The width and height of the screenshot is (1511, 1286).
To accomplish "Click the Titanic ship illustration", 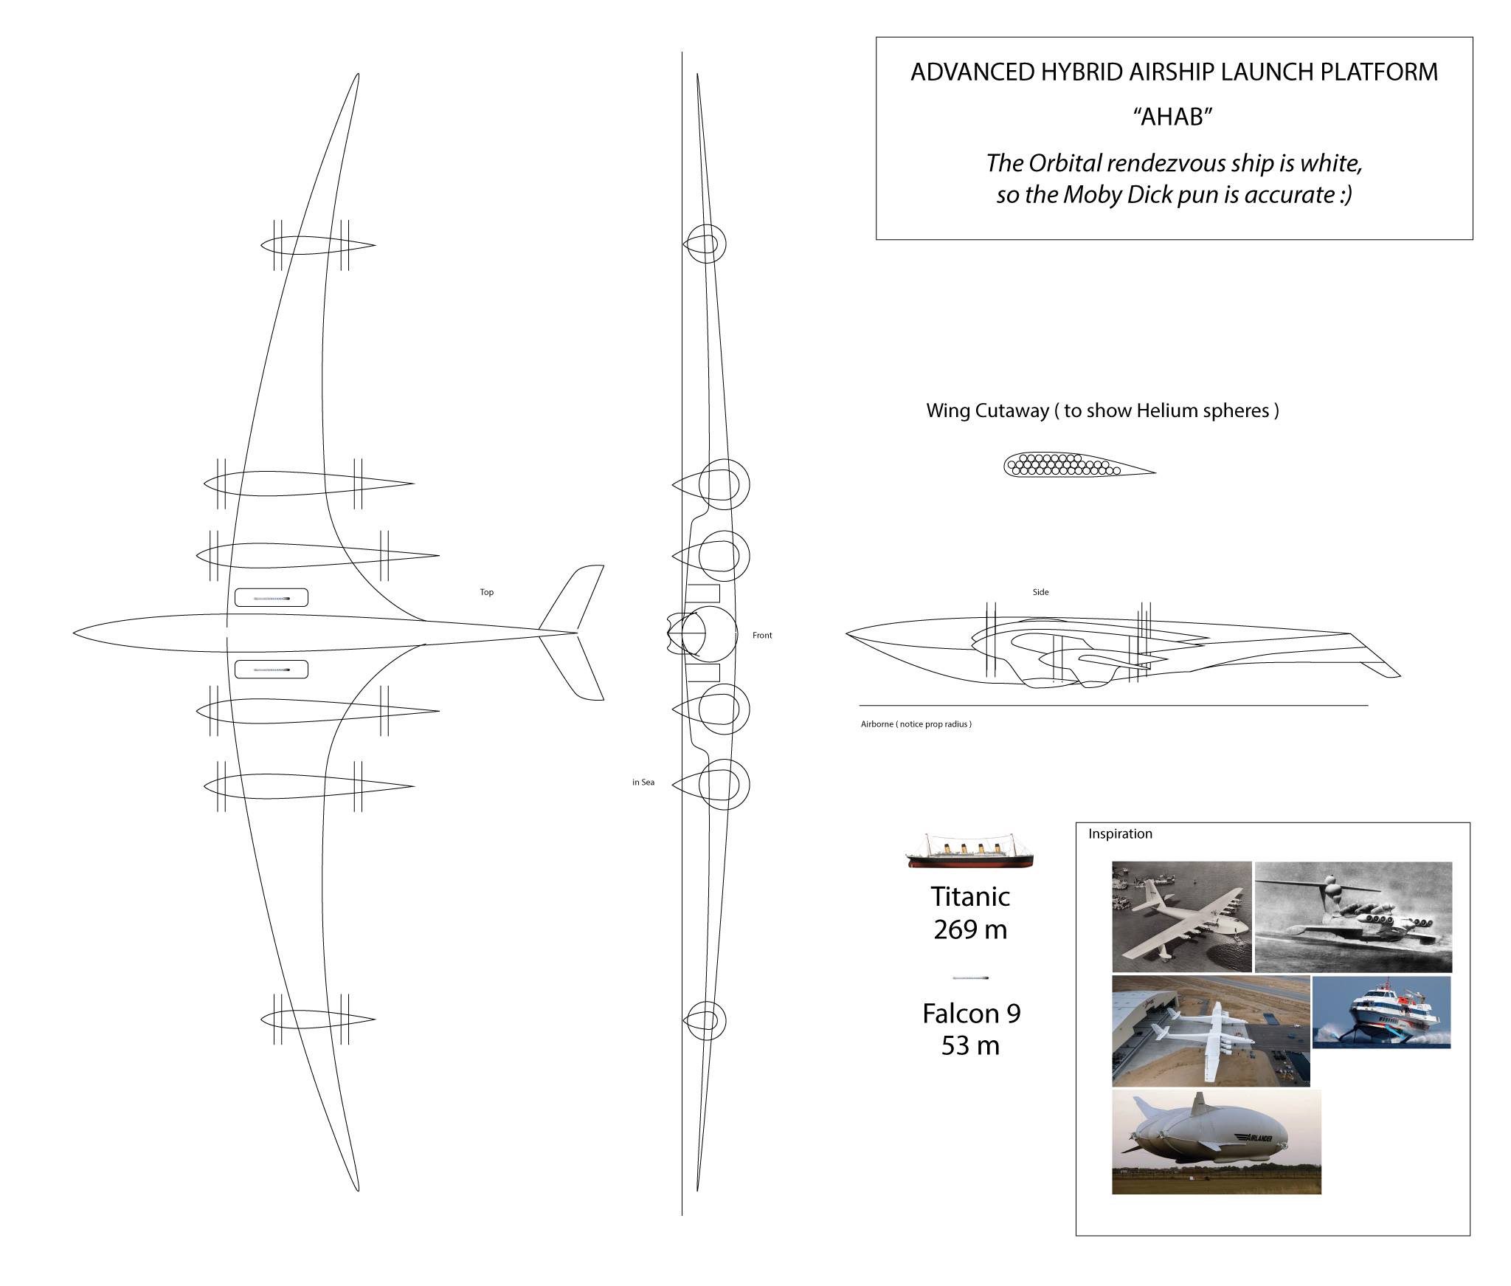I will point(969,851).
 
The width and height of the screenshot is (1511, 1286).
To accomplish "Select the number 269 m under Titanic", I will point(970,929).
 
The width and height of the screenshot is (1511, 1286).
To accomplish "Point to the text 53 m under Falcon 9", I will point(970,1046).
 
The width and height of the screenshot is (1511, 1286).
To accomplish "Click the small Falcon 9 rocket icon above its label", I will point(970,977).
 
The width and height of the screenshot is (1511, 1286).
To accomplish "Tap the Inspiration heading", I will point(1120,833).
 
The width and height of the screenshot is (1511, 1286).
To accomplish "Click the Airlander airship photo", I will point(1216,1142).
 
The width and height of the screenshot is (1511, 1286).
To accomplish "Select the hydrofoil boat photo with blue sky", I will point(1381,1012).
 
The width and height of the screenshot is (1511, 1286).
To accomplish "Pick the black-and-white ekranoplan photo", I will point(1353,916).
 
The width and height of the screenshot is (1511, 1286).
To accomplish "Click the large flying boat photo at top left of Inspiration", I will point(1181,916).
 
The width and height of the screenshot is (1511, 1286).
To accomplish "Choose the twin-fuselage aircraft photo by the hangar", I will point(1210,1031).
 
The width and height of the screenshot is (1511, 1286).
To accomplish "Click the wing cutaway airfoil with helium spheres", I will point(1079,466).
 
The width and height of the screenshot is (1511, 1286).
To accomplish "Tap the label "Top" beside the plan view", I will point(486,592).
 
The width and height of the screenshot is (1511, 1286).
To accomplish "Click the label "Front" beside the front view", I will point(762,635).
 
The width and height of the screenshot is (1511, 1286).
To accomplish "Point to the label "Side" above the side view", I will point(1040,592).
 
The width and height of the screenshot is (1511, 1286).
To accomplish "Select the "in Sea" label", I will point(643,783).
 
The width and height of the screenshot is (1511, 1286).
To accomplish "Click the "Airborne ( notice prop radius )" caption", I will point(916,724).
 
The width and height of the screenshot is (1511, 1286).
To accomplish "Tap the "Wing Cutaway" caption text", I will point(987,411).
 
